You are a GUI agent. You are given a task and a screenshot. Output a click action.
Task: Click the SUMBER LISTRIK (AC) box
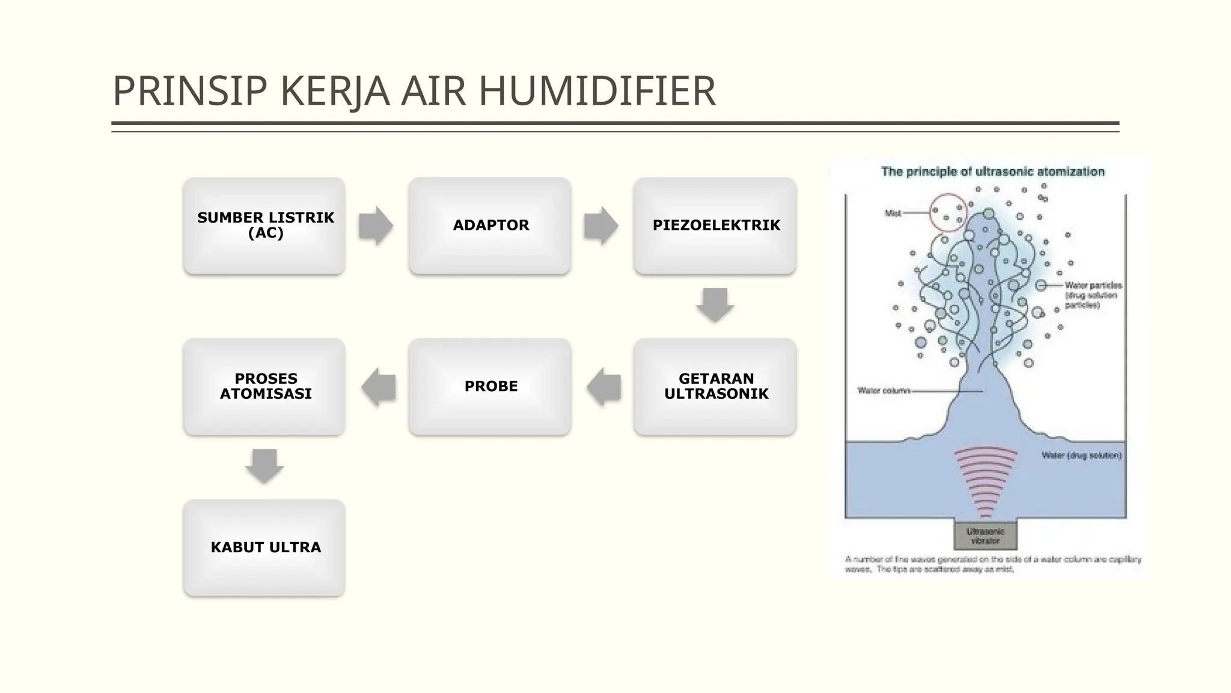click(x=264, y=226)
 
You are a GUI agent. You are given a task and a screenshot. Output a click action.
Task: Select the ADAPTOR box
click(x=490, y=226)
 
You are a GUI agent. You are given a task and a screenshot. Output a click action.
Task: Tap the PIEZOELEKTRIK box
click(x=715, y=226)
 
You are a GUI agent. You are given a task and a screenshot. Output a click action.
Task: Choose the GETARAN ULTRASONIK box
click(x=715, y=386)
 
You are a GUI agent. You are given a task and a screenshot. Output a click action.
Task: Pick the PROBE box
click(x=490, y=386)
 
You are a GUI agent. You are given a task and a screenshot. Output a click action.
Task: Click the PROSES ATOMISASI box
click(x=264, y=386)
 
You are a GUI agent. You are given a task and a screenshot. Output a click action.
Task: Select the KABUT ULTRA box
click(x=264, y=547)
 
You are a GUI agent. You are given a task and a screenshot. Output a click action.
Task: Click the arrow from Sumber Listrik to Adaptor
click(x=376, y=226)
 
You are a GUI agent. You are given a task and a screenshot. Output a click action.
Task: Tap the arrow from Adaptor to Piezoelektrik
click(x=600, y=226)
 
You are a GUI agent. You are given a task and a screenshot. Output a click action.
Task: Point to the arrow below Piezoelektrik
click(x=715, y=304)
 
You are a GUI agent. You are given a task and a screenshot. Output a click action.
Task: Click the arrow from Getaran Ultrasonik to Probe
click(x=603, y=387)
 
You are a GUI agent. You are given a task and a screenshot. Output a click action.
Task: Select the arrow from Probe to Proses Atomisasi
click(x=379, y=387)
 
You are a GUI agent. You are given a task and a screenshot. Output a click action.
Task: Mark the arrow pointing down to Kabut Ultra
click(x=264, y=466)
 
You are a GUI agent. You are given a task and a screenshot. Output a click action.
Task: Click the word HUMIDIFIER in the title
click(x=596, y=91)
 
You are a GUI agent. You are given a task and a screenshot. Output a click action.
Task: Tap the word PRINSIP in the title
click(x=189, y=91)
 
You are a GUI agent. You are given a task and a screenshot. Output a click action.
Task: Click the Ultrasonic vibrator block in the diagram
click(x=986, y=535)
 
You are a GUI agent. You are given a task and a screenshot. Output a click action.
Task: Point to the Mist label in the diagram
click(x=893, y=213)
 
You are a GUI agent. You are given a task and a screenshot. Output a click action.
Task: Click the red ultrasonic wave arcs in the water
click(x=986, y=481)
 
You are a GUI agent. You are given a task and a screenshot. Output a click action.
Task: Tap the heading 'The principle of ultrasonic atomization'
click(x=992, y=171)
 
